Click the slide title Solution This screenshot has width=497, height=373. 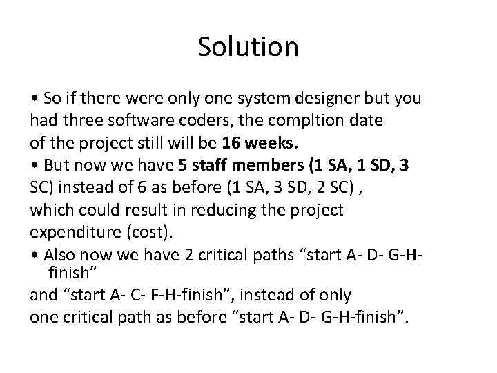248,47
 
